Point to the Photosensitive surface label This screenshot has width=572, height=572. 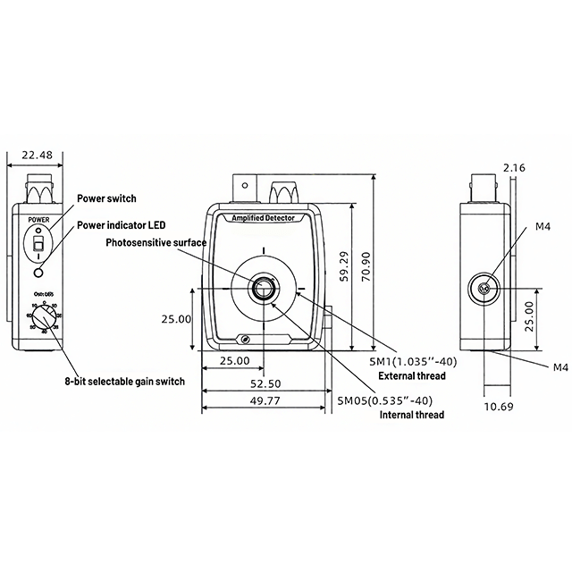[x=156, y=242]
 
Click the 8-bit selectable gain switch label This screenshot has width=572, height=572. [x=124, y=382]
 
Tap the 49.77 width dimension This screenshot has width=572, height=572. [x=263, y=401]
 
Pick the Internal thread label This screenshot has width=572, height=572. [x=411, y=415]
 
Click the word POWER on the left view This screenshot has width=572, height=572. [x=38, y=218]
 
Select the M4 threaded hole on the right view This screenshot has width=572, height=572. [x=484, y=289]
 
